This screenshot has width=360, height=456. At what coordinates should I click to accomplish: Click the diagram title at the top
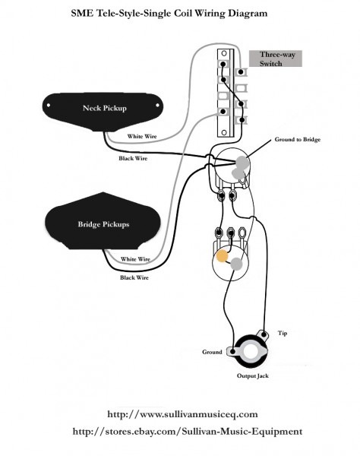180,13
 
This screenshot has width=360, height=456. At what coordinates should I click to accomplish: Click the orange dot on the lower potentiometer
223,257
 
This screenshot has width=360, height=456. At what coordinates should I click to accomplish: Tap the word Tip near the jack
283,333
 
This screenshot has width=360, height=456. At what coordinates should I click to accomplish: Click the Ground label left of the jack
212,352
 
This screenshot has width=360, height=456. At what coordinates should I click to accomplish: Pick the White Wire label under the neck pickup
143,137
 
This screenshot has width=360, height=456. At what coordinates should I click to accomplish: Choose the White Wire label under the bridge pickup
134,259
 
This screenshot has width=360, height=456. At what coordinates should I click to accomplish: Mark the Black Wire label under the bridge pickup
134,278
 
